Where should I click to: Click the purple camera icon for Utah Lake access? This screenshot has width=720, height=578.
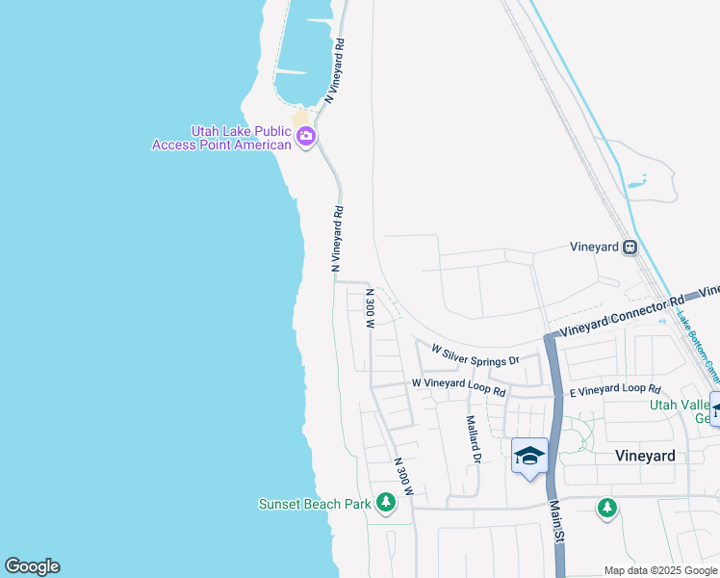pyautogui.click(x=306, y=136)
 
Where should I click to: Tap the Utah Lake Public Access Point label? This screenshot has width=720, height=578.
pyautogui.click(x=221, y=138)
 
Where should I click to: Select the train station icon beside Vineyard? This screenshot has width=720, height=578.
pyautogui.click(x=630, y=247)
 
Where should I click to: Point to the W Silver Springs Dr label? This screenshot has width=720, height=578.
pyautogui.click(x=475, y=355)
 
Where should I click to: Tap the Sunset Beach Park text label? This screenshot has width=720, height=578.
pyautogui.click(x=315, y=504)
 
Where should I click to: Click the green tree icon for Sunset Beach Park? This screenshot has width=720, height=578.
pyautogui.click(x=386, y=502)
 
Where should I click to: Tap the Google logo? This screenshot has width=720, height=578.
pyautogui.click(x=32, y=566)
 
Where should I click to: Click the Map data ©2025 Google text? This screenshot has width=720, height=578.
pyautogui.click(x=660, y=570)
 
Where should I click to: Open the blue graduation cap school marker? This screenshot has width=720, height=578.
pyautogui.click(x=529, y=456)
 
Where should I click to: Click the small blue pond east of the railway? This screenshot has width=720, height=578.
pyautogui.click(x=636, y=181)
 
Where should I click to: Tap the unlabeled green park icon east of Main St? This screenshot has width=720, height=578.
pyautogui.click(x=606, y=507)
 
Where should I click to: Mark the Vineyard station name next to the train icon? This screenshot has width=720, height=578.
pyautogui.click(x=594, y=248)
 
